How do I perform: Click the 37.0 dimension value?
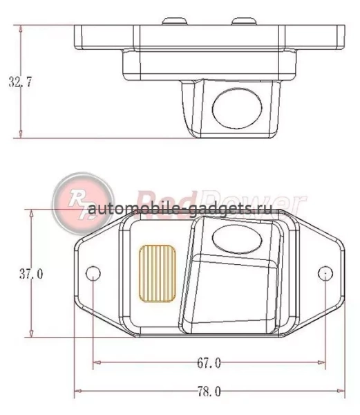tap(31, 274)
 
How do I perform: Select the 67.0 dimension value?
tap(209, 362)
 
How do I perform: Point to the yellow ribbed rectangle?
tap(158, 273)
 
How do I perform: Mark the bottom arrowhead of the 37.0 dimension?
tap(31, 334)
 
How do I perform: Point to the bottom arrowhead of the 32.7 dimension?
tap(22, 135)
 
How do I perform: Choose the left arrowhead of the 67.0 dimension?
tap(96, 362)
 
